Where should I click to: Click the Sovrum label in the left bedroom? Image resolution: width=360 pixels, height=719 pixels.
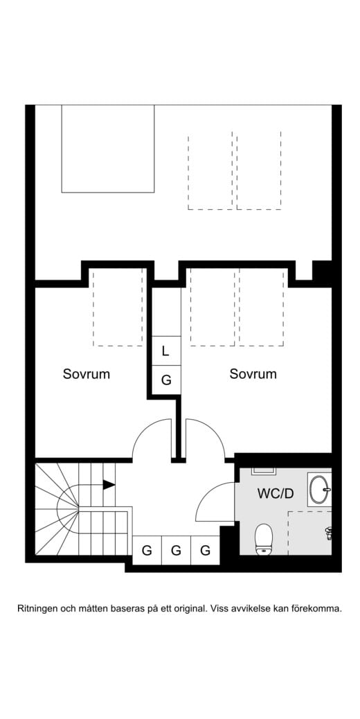87,374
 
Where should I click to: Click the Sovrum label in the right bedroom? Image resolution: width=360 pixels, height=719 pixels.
253,374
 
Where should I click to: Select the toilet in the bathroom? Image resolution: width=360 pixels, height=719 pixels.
264,539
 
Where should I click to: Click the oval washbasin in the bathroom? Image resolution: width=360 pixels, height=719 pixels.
320,489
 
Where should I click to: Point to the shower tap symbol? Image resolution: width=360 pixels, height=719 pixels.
329,532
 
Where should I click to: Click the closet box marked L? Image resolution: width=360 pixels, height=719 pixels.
165,350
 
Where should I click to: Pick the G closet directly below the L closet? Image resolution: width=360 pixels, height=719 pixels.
165,380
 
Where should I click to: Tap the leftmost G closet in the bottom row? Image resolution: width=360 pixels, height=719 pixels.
147,551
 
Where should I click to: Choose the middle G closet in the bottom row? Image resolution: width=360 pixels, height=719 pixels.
176,551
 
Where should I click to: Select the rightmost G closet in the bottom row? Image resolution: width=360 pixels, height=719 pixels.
205,551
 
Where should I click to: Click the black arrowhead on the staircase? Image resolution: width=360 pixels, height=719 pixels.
109,485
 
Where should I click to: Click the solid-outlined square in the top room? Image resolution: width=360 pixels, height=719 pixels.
107,148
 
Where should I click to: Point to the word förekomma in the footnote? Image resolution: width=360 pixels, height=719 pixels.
316,609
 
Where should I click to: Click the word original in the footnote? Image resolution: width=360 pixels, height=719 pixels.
188,609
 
